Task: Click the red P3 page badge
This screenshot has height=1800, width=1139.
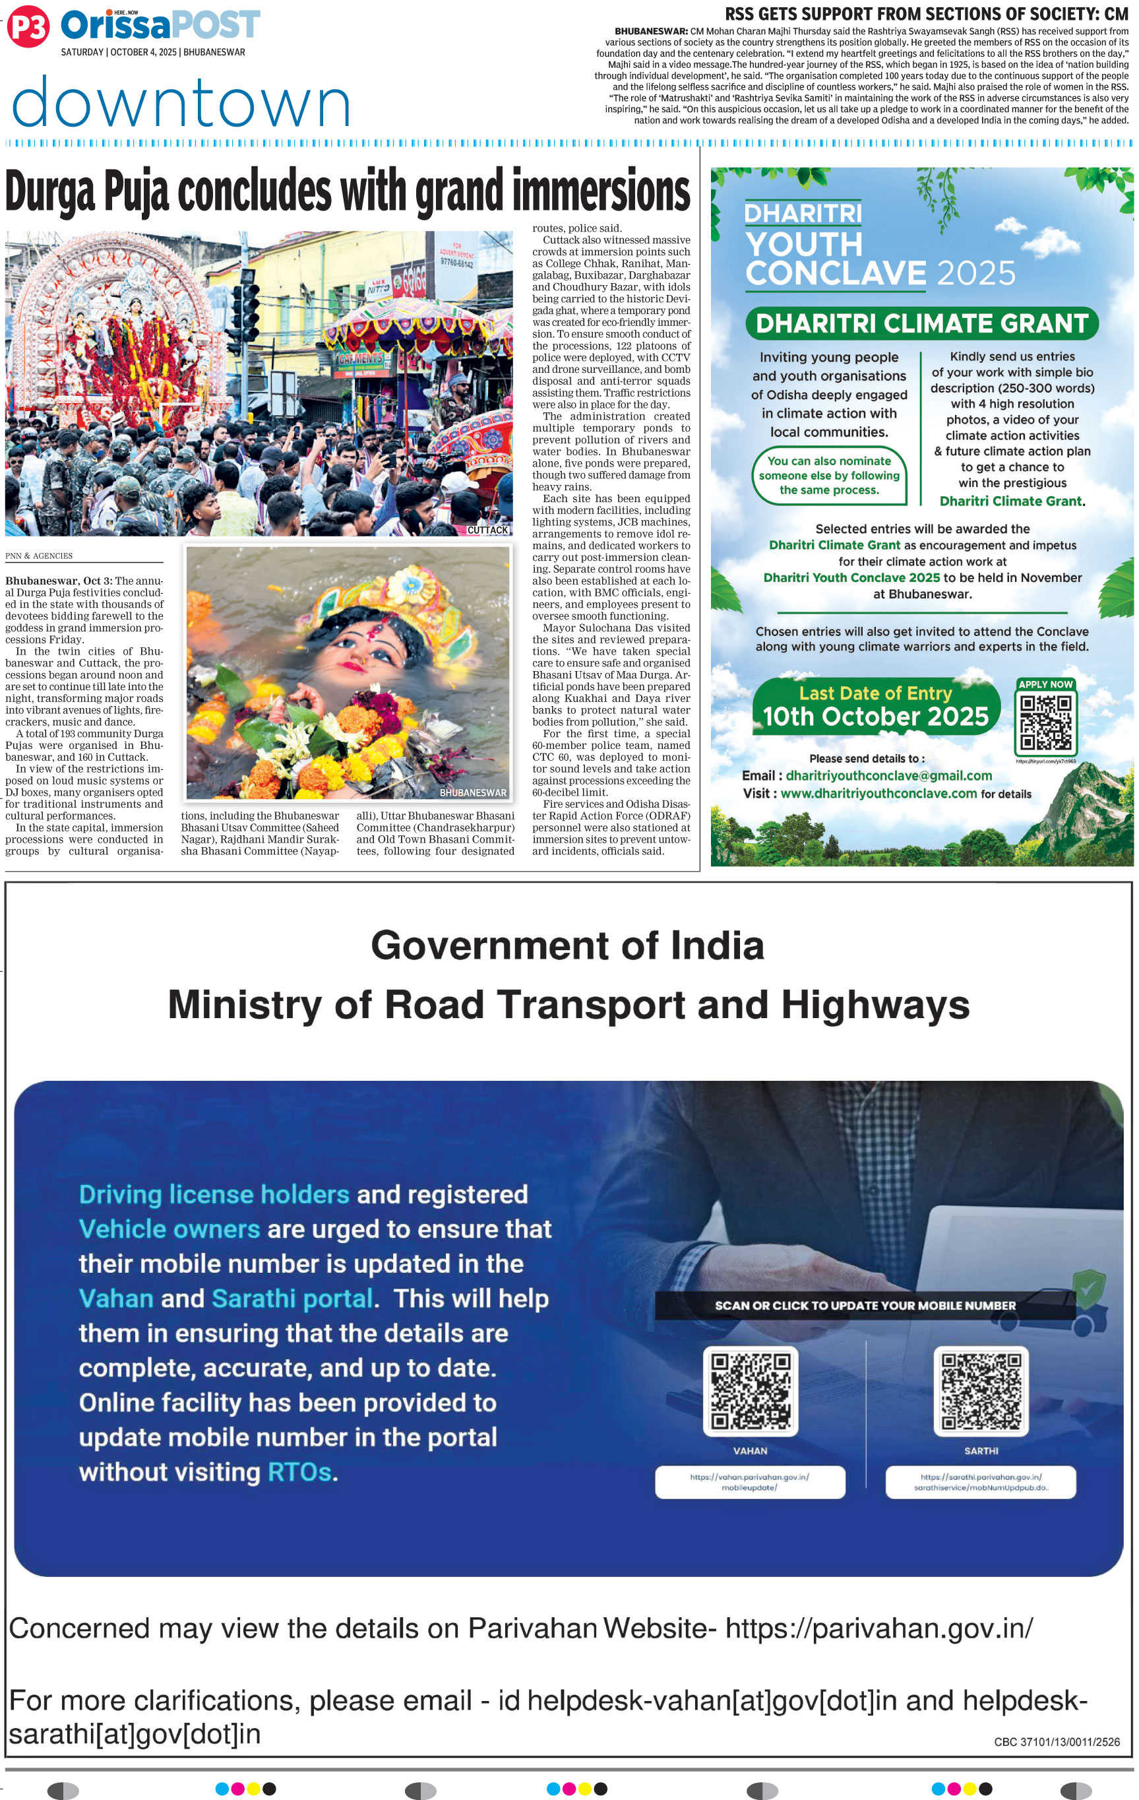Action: [28, 26]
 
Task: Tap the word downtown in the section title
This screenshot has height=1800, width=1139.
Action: [181, 102]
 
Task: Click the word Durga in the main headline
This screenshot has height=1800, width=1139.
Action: [50, 191]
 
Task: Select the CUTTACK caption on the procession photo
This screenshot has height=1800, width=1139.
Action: [487, 530]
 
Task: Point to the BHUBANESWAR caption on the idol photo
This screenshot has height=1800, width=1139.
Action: [472, 792]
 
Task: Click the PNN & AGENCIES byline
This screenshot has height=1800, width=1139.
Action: [39, 556]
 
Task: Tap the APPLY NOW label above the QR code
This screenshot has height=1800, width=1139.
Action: [1045, 684]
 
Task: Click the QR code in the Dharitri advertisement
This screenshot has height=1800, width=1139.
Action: [1045, 722]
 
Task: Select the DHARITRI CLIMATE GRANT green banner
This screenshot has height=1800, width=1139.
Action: [921, 324]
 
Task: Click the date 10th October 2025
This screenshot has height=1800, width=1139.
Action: [875, 716]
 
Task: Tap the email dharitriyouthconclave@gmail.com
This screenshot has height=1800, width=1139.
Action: [888, 775]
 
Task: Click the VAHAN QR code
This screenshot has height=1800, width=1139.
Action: [750, 1390]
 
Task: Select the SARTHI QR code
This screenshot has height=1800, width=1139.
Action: [981, 1390]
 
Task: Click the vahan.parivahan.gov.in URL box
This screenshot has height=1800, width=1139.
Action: [750, 1481]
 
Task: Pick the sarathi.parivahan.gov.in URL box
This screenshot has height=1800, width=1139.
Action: [981, 1481]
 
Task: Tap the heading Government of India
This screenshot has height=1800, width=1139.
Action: [567, 945]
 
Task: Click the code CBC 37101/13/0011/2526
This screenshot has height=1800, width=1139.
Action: [1056, 1741]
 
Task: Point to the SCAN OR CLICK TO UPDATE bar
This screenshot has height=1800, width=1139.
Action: [865, 1305]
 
